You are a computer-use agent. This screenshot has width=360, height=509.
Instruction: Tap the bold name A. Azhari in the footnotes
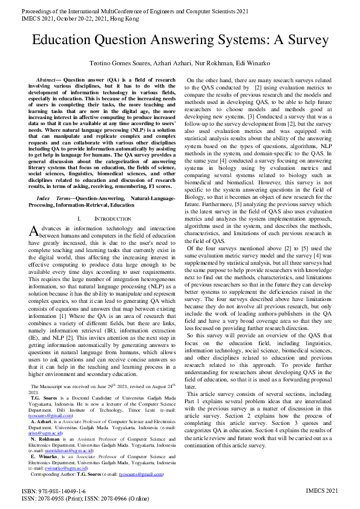click(42, 405)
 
